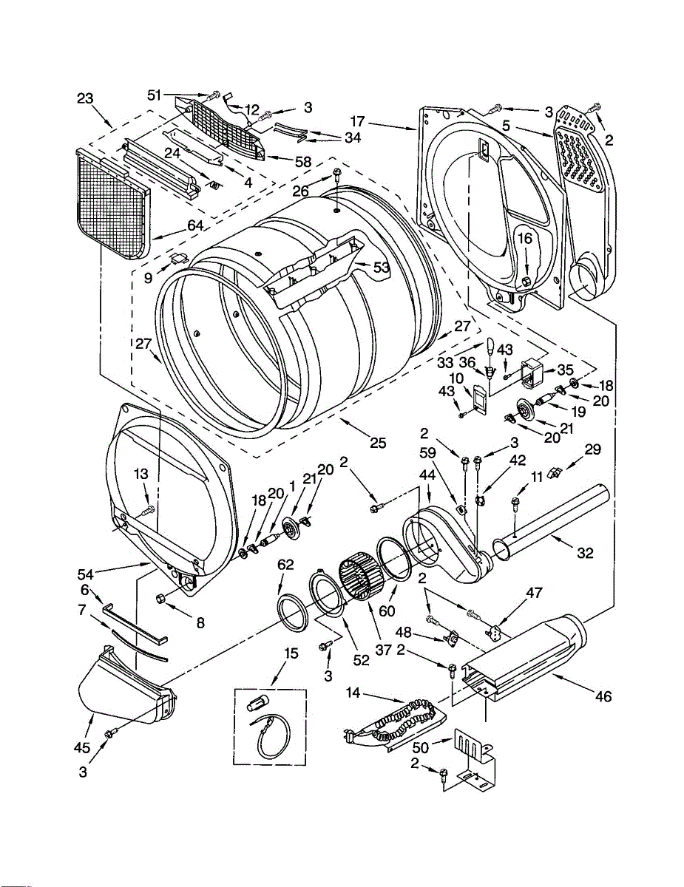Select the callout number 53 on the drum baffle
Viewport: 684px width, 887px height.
(382, 267)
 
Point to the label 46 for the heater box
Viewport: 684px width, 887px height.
(603, 696)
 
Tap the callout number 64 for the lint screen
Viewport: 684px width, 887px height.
(195, 225)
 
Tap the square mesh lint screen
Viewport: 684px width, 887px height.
(113, 200)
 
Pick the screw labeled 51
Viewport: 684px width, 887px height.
(214, 95)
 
